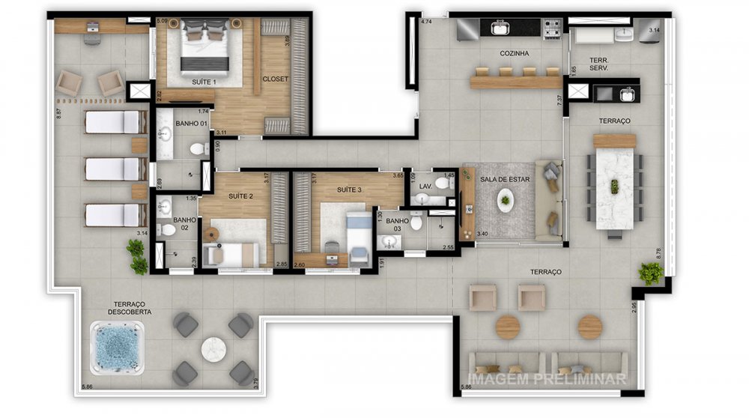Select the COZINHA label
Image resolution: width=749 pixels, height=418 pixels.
pos(515,54)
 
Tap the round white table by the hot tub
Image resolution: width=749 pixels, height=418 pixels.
pos(214,348)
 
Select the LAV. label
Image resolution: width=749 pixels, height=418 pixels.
pos(425,185)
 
